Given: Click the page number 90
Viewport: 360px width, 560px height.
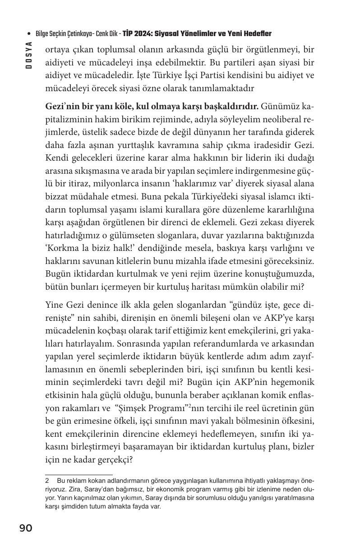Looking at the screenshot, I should point(26,528).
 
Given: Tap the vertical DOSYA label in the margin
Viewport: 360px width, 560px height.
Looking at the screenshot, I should point(29,55).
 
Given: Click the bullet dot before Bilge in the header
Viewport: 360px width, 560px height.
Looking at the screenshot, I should point(29,34).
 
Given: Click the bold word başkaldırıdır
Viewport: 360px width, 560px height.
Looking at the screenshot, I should point(230,107).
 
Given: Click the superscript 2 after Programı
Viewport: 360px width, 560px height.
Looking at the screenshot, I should point(189,406).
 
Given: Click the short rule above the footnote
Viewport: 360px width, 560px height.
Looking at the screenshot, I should point(79,475).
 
